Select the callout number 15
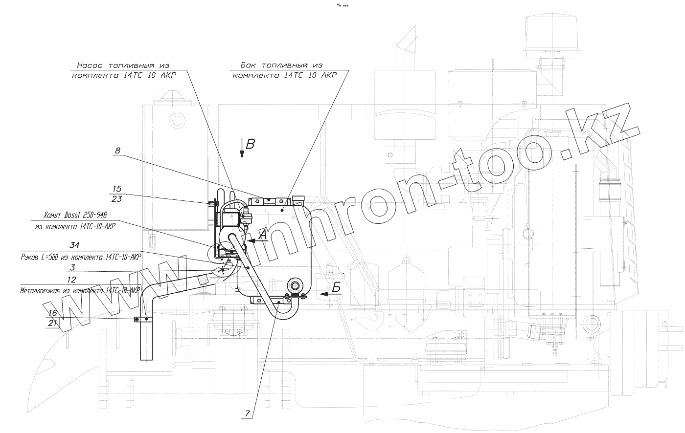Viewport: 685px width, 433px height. (x=116, y=189)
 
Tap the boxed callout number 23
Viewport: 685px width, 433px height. (x=116, y=199)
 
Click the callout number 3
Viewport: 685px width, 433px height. (x=72, y=267)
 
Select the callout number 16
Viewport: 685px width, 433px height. (x=53, y=313)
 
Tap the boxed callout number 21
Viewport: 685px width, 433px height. (x=53, y=323)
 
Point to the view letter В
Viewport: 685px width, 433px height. (x=251, y=144)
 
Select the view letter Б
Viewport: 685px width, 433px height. (x=336, y=288)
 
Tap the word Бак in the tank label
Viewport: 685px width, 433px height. (x=249, y=65)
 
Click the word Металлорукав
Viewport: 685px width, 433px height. (x=42, y=290)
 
